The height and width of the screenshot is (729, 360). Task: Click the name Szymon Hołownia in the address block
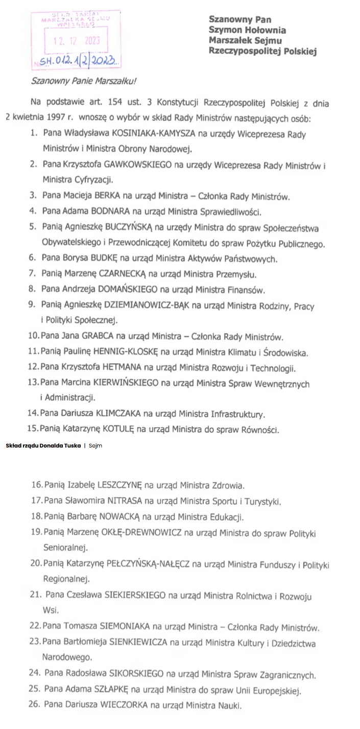click(247, 30)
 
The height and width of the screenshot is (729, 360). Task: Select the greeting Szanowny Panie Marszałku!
click(84, 81)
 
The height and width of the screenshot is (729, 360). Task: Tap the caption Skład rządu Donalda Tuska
click(43, 445)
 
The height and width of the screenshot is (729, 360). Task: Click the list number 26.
click(35, 706)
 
